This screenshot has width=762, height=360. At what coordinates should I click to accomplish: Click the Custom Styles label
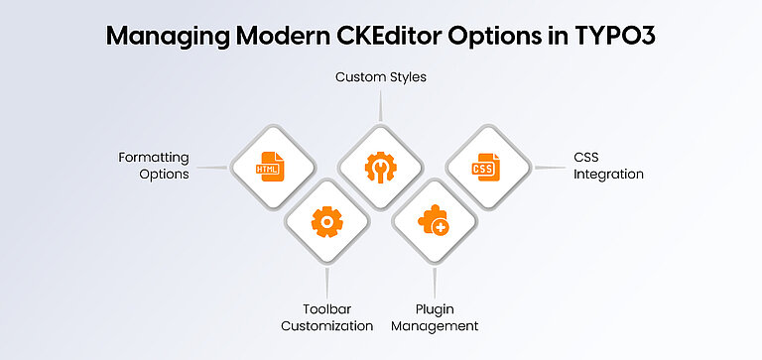coord(380,76)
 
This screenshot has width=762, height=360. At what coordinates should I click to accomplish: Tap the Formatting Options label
coord(154,166)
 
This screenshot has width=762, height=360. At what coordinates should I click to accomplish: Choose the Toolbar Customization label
coord(326,316)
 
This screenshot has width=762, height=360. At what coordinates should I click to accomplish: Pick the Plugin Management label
coord(435,316)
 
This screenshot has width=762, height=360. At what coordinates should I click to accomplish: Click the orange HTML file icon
coord(271,167)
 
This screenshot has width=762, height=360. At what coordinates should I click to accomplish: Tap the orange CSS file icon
coord(485,167)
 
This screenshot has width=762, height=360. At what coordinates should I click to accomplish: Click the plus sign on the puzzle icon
coord(441,228)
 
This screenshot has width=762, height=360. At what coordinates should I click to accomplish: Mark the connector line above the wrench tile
coord(380,105)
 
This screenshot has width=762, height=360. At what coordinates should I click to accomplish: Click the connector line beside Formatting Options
coord(210,167)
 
